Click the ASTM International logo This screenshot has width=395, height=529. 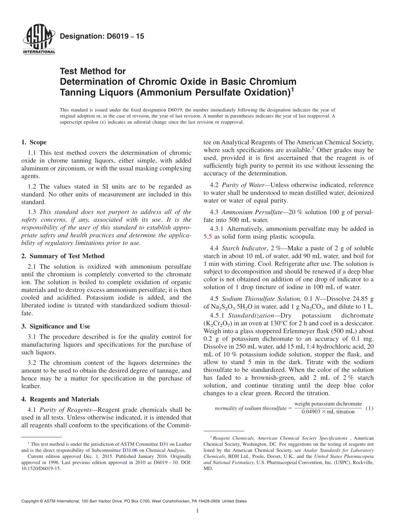click(38, 40)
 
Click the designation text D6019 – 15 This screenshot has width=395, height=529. click(102, 37)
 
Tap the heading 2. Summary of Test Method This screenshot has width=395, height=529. click(63, 256)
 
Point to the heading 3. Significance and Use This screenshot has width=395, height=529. click(55, 326)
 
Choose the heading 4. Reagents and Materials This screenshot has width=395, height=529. click(60, 399)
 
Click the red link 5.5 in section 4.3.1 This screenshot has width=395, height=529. click(207, 236)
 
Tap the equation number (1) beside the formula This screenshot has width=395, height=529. click(369, 408)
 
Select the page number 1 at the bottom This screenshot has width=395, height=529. click(197, 511)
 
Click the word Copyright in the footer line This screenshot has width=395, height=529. click(31, 501)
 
